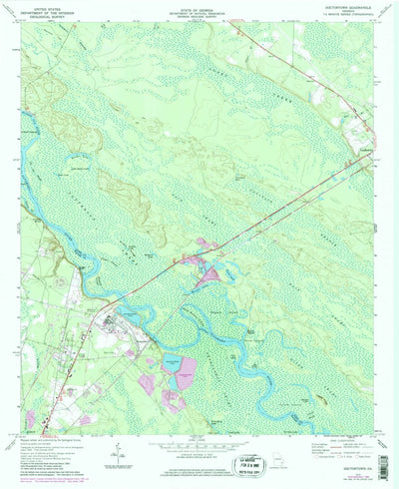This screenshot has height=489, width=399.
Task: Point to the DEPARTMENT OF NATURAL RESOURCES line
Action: [200, 14]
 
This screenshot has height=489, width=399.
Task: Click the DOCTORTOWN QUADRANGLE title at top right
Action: [346, 9]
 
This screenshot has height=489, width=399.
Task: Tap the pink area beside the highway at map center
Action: [207, 246]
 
